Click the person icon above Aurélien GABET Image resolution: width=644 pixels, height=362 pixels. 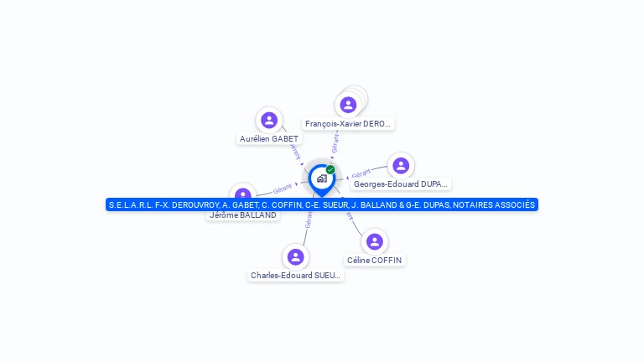[x=268, y=120]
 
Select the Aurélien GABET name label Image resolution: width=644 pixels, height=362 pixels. [x=269, y=139]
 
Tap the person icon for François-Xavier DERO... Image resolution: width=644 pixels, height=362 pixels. [x=348, y=105]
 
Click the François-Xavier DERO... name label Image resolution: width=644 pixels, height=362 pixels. [x=348, y=124]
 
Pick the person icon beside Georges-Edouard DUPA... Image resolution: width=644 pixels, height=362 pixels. [x=401, y=165]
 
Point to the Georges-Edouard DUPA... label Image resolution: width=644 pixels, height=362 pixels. [x=401, y=184]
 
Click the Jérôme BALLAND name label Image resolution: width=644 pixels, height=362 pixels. [x=243, y=215]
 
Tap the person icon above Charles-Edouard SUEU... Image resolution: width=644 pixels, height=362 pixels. [x=295, y=256]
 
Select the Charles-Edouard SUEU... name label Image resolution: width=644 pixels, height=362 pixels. [x=296, y=276]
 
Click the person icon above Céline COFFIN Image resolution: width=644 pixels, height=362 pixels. [x=374, y=241]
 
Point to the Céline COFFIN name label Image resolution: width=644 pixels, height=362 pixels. [x=375, y=261]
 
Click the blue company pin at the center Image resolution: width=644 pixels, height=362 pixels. [x=321, y=178]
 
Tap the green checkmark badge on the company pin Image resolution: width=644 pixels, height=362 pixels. [x=330, y=169]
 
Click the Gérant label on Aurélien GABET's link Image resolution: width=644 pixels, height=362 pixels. [x=293, y=151]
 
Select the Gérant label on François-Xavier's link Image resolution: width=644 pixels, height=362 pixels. [x=335, y=145]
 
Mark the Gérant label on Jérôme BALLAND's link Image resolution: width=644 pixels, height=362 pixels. [x=282, y=189]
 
